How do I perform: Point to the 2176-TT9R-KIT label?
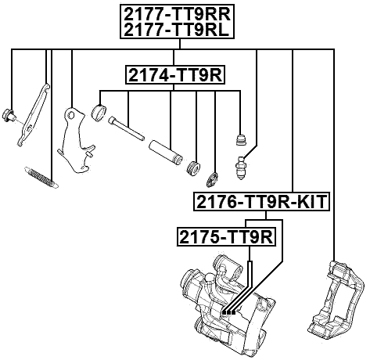[x=262, y=203]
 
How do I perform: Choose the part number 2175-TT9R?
[x=225, y=236]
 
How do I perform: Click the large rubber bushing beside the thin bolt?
[x=99, y=111]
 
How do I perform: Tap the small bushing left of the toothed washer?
[x=196, y=167]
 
